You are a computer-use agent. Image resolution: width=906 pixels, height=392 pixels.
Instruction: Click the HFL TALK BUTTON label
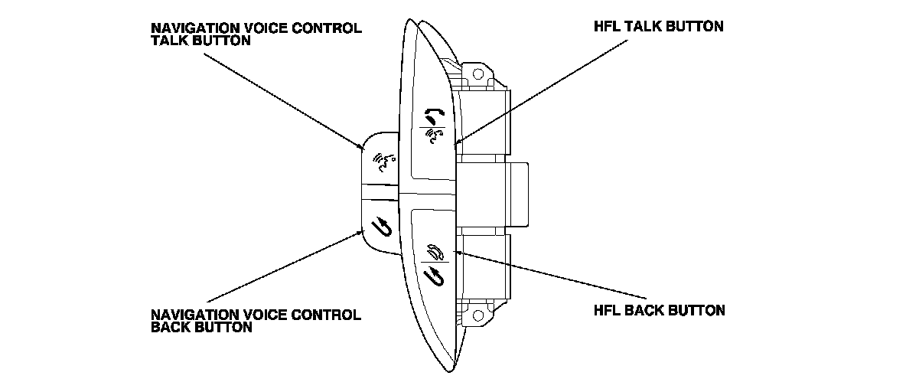coord(652,26)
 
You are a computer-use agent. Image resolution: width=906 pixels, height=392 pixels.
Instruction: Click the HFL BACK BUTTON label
coord(659,311)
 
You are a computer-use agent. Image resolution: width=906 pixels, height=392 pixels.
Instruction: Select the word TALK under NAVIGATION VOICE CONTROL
coord(168,41)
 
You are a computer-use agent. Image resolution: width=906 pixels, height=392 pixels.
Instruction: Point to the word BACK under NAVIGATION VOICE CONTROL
coord(168,327)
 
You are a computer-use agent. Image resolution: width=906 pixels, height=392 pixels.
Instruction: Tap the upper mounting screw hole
coord(478,73)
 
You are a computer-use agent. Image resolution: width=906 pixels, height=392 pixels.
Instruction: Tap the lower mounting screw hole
coord(478,314)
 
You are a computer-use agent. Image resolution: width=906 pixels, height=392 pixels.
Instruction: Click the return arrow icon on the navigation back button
coord(380,226)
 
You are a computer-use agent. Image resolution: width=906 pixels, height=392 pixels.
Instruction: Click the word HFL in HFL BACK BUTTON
coord(608,311)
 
